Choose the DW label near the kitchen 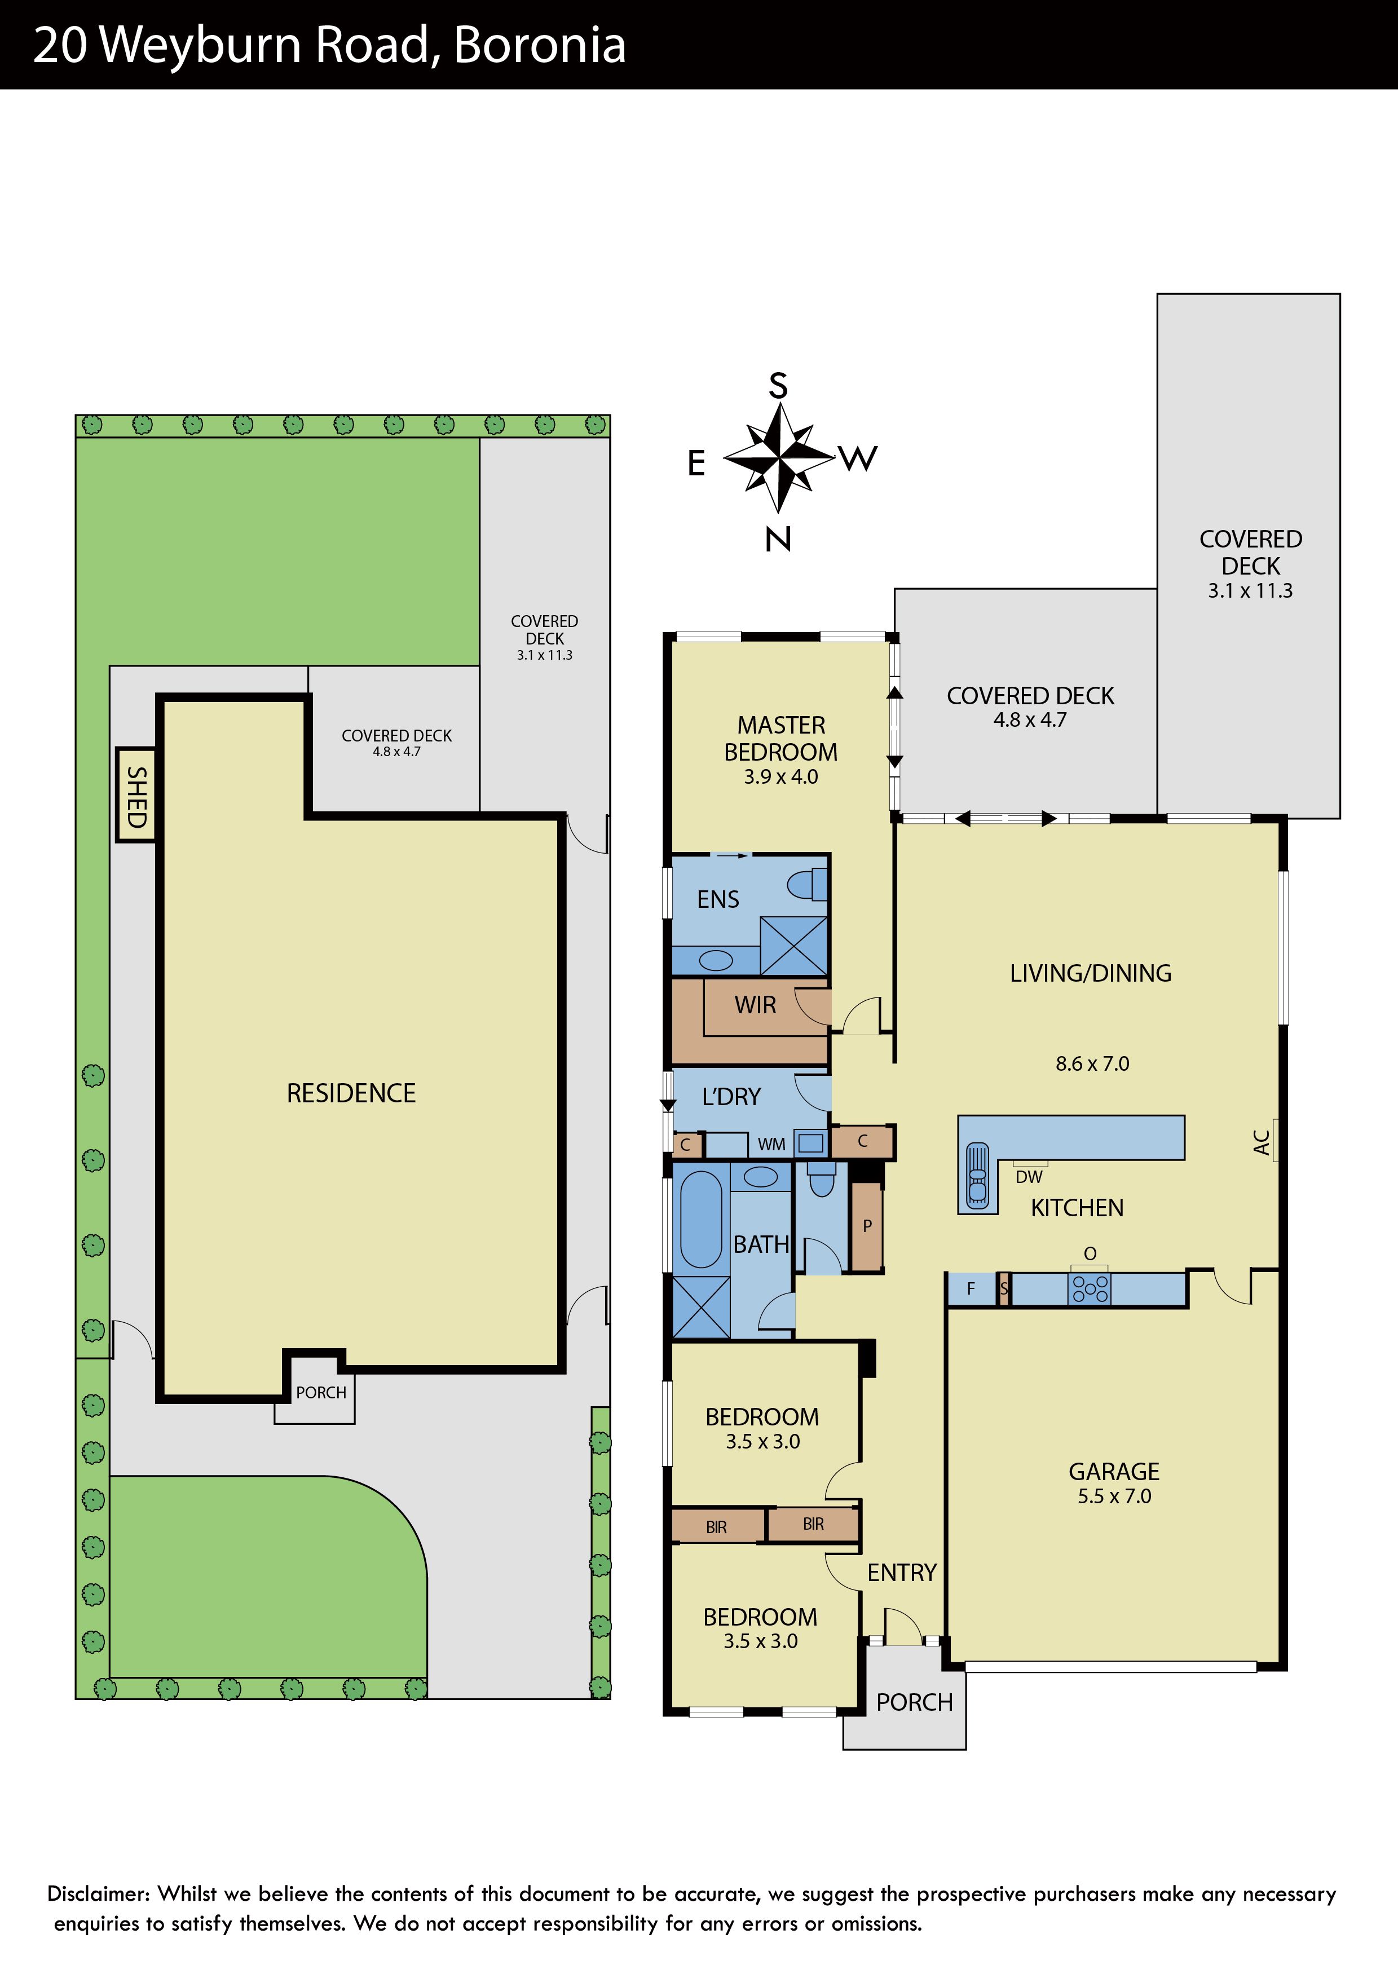pos(1029,1177)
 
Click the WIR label pos(756,1005)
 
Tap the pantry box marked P pos(867,1227)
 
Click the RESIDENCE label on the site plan pos(351,1093)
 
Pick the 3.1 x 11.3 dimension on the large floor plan pos(1250,591)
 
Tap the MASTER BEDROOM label pos(780,738)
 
